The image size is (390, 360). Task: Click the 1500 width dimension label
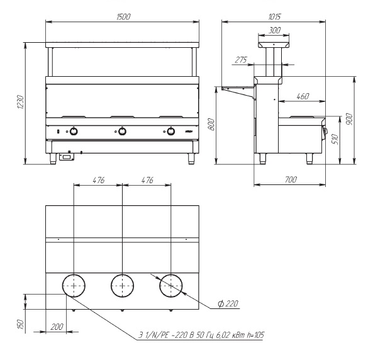pyautogui.click(x=123, y=16)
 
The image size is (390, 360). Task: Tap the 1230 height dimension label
pyautogui.click(x=21, y=102)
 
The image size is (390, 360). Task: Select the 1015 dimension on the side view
pyautogui.click(x=274, y=16)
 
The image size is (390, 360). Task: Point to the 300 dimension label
pyautogui.click(x=274, y=30)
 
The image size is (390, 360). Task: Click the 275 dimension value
pyautogui.click(x=241, y=60)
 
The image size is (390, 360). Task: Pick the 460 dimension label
pyautogui.click(x=303, y=96)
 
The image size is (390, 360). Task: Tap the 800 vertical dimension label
pyautogui.click(x=211, y=125)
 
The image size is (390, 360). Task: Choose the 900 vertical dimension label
pyautogui.click(x=350, y=119)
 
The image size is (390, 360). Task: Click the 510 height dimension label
pyautogui.click(x=335, y=139)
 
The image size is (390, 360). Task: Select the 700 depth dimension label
pyautogui.click(x=291, y=179)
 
